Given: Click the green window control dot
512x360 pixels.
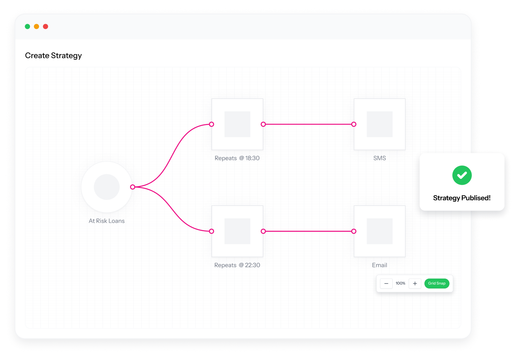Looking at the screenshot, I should coord(28,27).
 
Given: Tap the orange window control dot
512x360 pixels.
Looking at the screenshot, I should coord(36,27).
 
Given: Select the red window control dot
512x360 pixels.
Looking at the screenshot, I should coord(45,27).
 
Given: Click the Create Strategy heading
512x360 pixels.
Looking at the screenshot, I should coord(53,56).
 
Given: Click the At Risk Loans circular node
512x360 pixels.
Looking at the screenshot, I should coord(107,187).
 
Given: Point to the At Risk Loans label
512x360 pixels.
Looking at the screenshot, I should coord(106,221).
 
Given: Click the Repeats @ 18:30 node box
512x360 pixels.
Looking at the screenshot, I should coord(237,124).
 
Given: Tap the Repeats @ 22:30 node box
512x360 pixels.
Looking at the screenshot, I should coord(237,231).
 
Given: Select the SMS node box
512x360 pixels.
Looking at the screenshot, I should coord(380,124).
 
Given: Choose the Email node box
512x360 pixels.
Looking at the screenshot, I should coord(380,231).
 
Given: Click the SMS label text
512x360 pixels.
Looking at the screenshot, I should coord(380,158).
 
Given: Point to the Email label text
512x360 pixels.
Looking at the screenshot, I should coord(379,265).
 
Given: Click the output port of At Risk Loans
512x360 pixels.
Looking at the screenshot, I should coord(133,187).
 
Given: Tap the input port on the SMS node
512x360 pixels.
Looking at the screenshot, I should coord(354,124).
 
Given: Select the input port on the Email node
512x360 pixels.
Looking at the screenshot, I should coord(354,231).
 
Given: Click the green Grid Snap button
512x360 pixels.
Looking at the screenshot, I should coord(437,284).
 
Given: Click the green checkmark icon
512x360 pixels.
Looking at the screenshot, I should coord(462,175).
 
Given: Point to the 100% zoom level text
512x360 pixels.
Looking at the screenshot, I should coord(400,284).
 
